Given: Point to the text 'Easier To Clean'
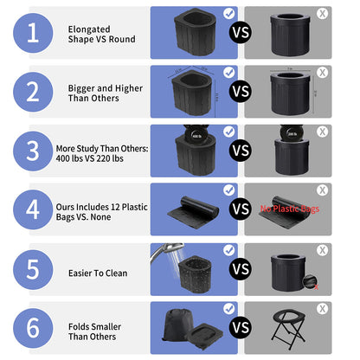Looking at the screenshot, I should point(98,273).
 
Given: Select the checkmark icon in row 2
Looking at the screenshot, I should point(228,73).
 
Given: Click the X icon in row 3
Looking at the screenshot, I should point(322,132).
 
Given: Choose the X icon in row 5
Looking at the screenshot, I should point(322,250).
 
